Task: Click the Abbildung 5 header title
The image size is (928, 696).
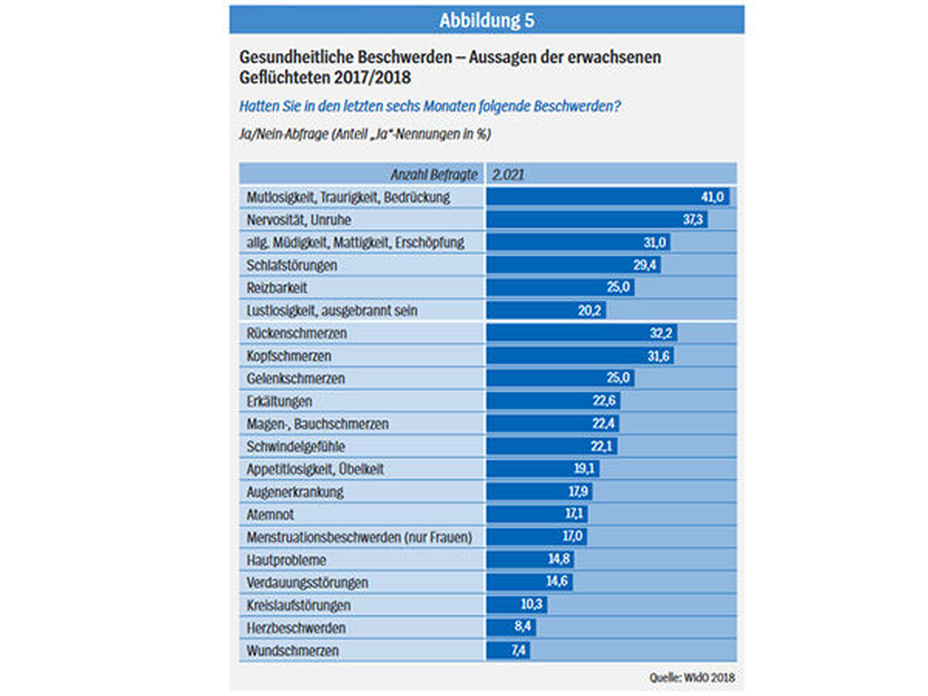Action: click(486, 21)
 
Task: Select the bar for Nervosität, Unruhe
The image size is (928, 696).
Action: click(596, 220)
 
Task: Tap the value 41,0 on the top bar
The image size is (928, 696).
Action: click(712, 197)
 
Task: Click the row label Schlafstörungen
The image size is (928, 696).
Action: click(292, 265)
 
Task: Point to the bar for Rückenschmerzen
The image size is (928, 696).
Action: click(581, 333)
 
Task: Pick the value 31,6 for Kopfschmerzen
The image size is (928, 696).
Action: click(658, 356)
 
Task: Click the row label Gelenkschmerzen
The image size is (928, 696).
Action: click(295, 379)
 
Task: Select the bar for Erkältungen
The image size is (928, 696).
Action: click(553, 401)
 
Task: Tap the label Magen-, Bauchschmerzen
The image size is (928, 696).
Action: click(317, 424)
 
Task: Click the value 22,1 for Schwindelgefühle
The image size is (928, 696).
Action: click(601, 446)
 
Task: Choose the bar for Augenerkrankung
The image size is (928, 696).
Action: click(539, 491)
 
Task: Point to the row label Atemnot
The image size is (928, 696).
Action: click(270, 514)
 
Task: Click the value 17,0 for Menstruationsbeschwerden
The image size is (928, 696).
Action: click(572, 536)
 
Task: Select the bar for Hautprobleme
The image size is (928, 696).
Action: click(530, 559)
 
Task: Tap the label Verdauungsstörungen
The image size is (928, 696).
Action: click(307, 583)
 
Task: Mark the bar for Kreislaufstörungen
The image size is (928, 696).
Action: click(516, 605)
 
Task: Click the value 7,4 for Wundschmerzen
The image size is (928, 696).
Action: click(519, 650)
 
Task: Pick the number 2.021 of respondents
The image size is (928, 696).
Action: click(508, 174)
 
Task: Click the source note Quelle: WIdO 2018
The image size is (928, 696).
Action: click(692, 678)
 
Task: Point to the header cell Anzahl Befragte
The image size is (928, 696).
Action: click(434, 174)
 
